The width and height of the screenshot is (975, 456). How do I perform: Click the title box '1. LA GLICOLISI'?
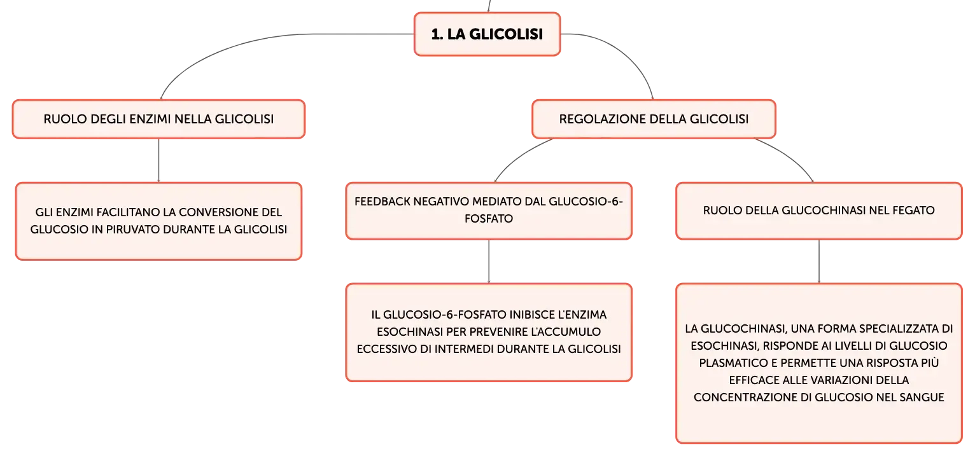pyautogui.click(x=487, y=34)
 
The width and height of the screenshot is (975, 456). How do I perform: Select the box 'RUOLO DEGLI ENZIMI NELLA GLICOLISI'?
pyautogui.click(x=158, y=119)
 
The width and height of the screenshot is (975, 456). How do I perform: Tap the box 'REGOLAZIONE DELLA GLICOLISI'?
pyautogui.click(x=654, y=119)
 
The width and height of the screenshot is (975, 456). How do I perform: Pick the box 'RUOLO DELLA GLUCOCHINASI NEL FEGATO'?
pyautogui.click(x=818, y=211)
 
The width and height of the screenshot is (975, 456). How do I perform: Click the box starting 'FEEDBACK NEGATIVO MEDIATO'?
pyautogui.click(x=489, y=211)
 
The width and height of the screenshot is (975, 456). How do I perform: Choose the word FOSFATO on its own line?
pyautogui.click(x=489, y=218)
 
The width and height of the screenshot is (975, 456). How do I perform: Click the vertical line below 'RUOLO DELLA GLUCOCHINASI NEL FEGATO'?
pyautogui.click(x=818, y=261)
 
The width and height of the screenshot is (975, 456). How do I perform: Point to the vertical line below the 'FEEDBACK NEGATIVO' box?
pyautogui.click(x=489, y=261)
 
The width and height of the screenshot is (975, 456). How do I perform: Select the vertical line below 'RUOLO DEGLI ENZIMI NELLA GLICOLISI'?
pyautogui.click(x=158, y=160)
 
